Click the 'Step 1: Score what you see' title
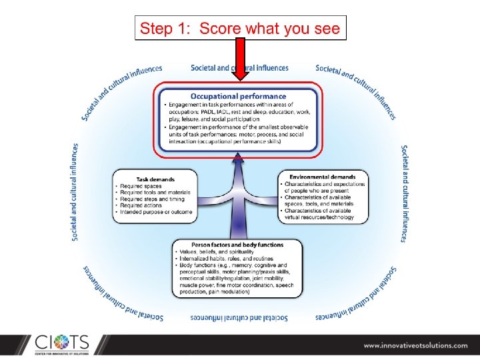(239, 29)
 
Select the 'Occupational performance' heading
(239, 97)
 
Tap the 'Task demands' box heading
(155, 179)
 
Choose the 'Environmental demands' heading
(323, 177)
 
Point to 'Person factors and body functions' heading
(237, 245)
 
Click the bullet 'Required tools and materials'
(155, 193)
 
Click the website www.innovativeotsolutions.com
(415, 345)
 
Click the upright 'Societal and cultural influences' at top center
(239, 68)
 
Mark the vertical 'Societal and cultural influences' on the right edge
(405, 193)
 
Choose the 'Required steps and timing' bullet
(153, 199)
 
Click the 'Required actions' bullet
(144, 205)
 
